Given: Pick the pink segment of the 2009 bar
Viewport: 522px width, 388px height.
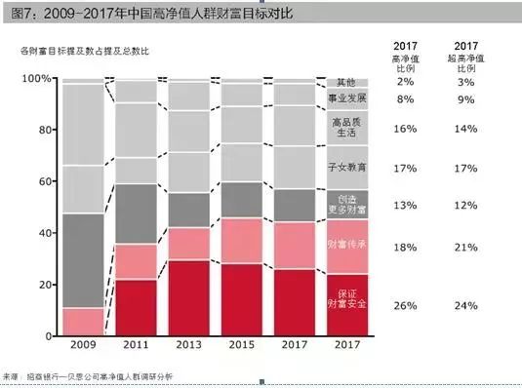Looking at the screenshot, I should coord(83,321).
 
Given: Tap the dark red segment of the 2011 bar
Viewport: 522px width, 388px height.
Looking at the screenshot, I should coord(136,307).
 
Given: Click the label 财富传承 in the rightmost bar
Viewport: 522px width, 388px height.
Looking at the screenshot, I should coord(346,245).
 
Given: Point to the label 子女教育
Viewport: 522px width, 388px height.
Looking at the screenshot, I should coord(346,168).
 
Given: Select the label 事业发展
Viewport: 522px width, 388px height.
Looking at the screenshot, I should coord(346,98).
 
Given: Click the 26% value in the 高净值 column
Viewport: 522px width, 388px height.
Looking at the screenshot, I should coord(405,304).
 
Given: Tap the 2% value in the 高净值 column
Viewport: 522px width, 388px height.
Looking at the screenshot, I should coord(405,82).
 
